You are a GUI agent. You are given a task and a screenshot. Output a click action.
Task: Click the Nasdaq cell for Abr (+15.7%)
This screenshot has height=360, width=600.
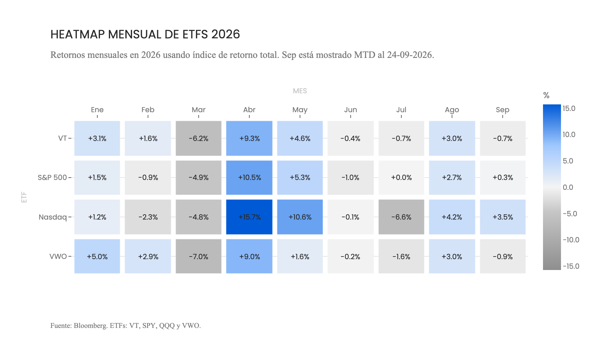(x=249, y=217)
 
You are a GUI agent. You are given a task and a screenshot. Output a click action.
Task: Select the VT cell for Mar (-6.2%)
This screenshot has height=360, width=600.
(x=199, y=138)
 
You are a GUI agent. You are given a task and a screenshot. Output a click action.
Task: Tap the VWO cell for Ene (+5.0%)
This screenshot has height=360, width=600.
(x=97, y=256)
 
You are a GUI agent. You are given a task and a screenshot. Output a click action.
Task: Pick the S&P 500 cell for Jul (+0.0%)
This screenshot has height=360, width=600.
(x=401, y=178)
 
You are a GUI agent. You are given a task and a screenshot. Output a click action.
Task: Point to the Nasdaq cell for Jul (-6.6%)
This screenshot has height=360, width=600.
(x=401, y=217)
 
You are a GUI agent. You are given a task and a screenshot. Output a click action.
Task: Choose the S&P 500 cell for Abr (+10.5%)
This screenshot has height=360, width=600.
(x=249, y=178)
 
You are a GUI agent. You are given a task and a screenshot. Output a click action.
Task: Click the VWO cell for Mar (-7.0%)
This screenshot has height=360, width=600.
(x=199, y=256)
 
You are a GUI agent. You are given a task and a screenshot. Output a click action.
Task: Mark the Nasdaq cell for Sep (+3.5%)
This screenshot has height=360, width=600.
(x=503, y=217)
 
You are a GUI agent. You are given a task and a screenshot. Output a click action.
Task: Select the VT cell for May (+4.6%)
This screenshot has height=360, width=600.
(x=300, y=138)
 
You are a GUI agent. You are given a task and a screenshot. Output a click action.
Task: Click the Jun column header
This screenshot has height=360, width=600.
(x=351, y=110)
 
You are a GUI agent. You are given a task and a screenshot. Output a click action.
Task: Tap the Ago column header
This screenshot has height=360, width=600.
(x=452, y=110)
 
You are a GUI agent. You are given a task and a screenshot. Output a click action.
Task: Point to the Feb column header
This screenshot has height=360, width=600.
(x=148, y=110)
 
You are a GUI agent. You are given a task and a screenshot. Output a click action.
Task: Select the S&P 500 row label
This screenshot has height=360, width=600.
(x=52, y=178)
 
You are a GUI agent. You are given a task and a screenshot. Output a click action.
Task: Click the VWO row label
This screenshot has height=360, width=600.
(x=58, y=256)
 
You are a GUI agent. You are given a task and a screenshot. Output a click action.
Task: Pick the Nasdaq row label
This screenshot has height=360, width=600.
(x=53, y=217)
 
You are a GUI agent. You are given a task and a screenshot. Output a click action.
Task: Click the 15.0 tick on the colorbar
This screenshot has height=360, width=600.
(x=569, y=109)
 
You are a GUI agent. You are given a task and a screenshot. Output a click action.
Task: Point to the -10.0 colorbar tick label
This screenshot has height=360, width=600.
(x=571, y=240)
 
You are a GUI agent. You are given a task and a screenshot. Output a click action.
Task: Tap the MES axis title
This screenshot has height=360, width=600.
(x=300, y=91)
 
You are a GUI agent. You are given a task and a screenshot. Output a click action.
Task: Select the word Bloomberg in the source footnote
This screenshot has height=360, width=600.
(x=91, y=325)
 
